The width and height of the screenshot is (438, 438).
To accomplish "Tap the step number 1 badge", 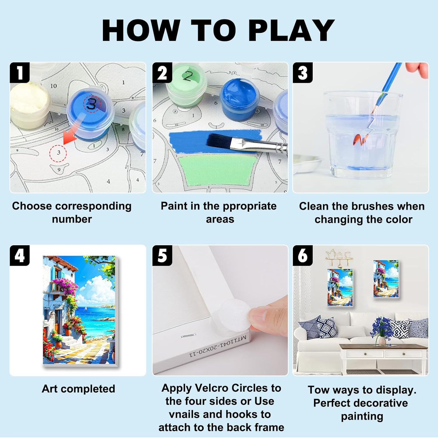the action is coord(20,72).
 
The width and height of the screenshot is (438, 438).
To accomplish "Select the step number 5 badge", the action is coord(162,255).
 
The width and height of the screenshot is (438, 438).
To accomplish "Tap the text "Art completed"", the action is coord(78,389).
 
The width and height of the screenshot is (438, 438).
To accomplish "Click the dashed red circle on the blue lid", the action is coord(92,103).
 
